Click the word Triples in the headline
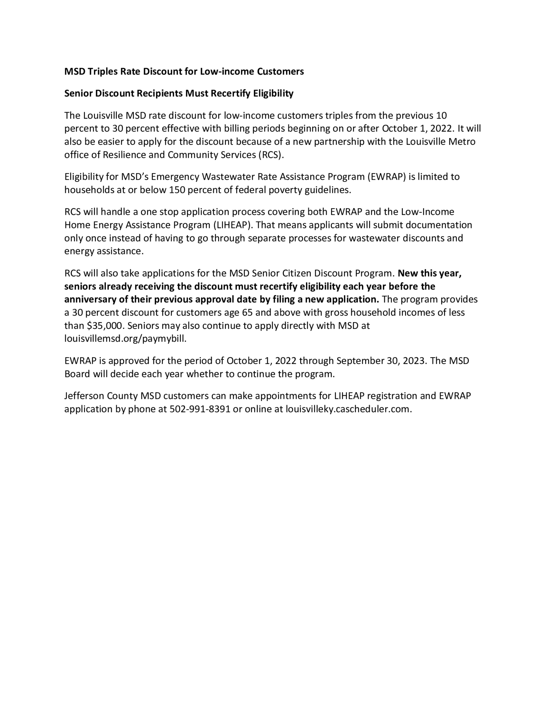pyautogui.click(x=102, y=72)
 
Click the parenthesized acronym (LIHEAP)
pyautogui.click(x=232, y=225)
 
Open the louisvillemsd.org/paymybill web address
pyautogui.click(x=125, y=339)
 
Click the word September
pyautogui.click(x=359, y=361)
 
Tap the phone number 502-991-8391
pyautogui.click(x=200, y=409)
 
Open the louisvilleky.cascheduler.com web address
pyautogui.click(x=348, y=409)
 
